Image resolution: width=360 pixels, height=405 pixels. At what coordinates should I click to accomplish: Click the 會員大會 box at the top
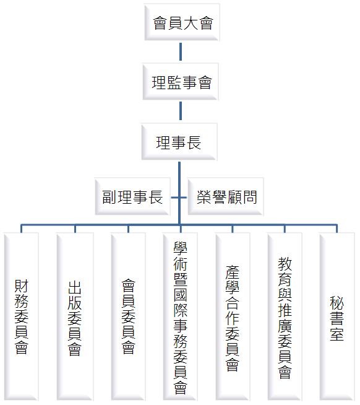182,22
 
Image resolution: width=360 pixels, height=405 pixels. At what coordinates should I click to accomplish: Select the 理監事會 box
181,82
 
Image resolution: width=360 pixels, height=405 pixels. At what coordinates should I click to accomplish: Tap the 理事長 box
179,142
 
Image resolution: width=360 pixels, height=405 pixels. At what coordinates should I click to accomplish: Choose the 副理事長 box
132,196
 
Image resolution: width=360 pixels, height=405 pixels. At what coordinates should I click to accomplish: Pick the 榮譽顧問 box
226,196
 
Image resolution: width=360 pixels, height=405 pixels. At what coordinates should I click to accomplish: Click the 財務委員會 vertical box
21,316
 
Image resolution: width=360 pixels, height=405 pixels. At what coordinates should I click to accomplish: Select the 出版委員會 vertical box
75,316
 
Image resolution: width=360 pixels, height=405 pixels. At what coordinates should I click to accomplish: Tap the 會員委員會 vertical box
128,316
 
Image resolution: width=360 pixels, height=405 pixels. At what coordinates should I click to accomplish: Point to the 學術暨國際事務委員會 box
181,316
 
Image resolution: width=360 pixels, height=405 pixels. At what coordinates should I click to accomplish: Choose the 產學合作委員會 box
233,316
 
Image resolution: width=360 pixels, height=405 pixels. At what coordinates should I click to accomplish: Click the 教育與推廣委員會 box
285,316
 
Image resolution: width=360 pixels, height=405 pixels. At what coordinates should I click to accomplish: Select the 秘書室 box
337,316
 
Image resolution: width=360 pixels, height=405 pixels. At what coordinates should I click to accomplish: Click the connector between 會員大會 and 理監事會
181,51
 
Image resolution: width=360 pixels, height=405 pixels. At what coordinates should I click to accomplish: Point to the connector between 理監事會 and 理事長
181,111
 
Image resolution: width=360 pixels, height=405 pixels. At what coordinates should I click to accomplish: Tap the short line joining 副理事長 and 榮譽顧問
179,198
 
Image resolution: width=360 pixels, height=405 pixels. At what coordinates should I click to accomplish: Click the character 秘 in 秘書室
336,303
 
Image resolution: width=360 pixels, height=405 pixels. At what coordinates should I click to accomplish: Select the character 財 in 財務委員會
21,286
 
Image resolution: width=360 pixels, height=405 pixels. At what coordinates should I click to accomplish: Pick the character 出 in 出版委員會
75,287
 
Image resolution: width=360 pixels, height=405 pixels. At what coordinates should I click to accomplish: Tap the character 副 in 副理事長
109,197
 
